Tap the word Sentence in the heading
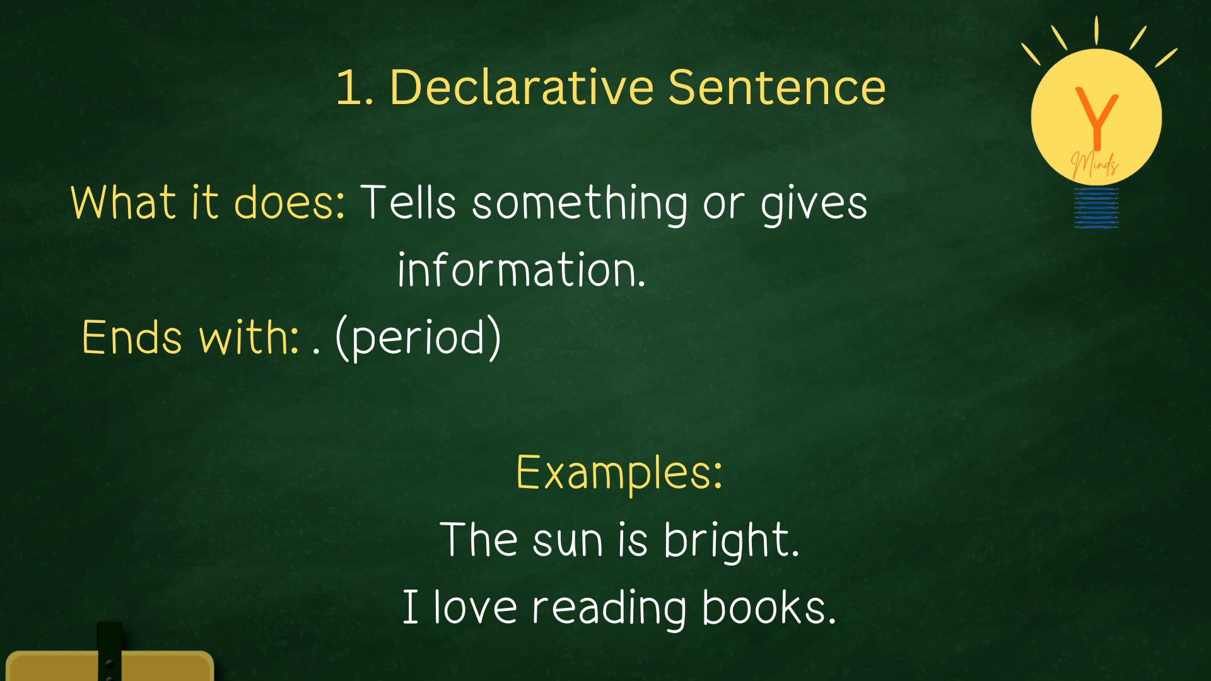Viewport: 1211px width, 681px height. click(777, 87)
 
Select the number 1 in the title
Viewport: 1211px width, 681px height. click(349, 87)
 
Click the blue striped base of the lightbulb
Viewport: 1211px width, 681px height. click(1097, 207)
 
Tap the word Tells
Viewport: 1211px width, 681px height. click(408, 202)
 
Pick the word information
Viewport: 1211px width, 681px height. click(522, 270)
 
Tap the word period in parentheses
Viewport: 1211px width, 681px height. click(418, 338)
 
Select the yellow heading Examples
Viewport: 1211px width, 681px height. click(619, 472)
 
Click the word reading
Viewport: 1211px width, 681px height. click(609, 608)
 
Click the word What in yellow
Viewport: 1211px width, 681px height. click(124, 202)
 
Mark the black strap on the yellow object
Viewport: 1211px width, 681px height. click(110, 651)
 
